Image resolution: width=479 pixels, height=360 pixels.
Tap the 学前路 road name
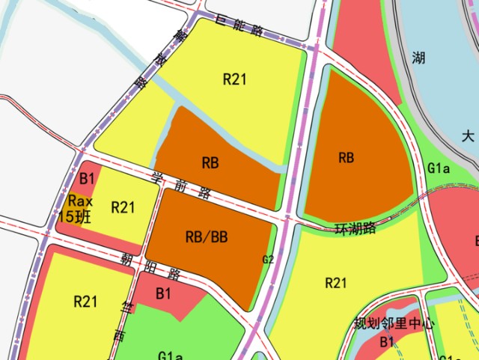[x=180, y=185]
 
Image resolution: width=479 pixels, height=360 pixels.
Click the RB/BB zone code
[x=206, y=237]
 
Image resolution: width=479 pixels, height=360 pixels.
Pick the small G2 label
[x=269, y=260]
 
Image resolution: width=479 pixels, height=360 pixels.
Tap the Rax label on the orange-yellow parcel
[x=80, y=201]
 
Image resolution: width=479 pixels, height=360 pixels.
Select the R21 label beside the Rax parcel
[x=123, y=207]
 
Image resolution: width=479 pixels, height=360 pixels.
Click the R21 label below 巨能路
[x=234, y=79]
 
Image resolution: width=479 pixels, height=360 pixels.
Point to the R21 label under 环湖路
[x=336, y=282]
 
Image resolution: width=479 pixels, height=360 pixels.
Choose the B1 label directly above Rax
[x=87, y=178]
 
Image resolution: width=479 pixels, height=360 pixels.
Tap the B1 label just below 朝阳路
[x=164, y=294]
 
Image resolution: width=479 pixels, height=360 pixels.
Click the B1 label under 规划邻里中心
[x=386, y=341]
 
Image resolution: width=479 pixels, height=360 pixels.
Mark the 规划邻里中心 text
[x=394, y=324]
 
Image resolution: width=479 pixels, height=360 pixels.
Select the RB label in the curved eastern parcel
[x=346, y=157]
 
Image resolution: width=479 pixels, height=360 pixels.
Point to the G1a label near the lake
[x=439, y=168]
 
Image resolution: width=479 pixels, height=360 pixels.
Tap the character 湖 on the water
[x=418, y=58]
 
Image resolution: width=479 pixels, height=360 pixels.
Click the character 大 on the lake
[x=468, y=136]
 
